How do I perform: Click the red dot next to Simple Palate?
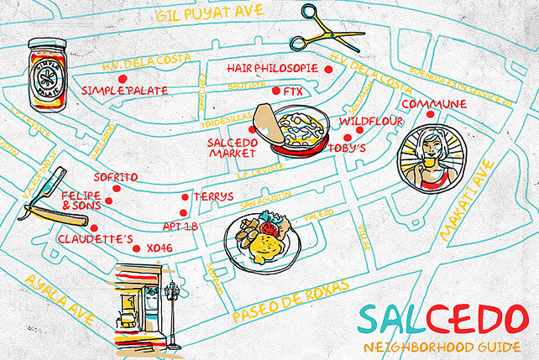(123, 79)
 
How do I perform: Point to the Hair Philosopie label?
(273, 67)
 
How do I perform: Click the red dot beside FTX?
(276, 91)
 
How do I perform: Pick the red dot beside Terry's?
(186, 197)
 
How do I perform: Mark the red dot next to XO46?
(137, 248)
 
